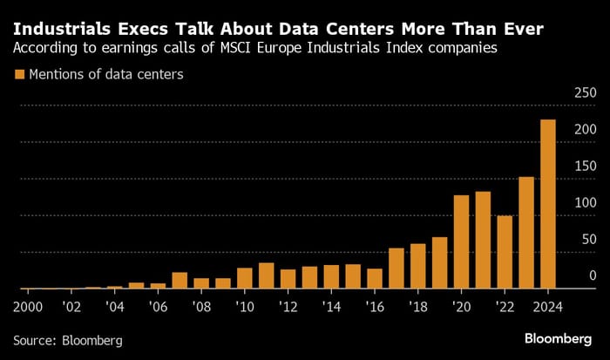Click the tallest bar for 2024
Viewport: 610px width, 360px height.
[548, 204]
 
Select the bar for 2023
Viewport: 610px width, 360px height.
[526, 233]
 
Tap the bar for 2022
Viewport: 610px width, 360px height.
[505, 252]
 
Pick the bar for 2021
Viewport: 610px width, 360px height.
[483, 240]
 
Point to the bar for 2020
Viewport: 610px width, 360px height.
[462, 241]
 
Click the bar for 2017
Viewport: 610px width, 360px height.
[396, 268]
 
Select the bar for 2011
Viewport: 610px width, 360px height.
[267, 275]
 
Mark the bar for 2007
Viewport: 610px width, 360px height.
[180, 281]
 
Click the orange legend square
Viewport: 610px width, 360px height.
[21, 75]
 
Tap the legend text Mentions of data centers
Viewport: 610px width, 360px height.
[107, 75]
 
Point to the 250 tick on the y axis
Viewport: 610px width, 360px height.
[584, 92]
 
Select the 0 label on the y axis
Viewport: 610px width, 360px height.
[592, 275]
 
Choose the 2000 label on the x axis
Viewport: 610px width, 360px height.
[28, 308]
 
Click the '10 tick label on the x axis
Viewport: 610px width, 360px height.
[244, 308]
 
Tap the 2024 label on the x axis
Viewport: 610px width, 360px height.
[548, 308]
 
